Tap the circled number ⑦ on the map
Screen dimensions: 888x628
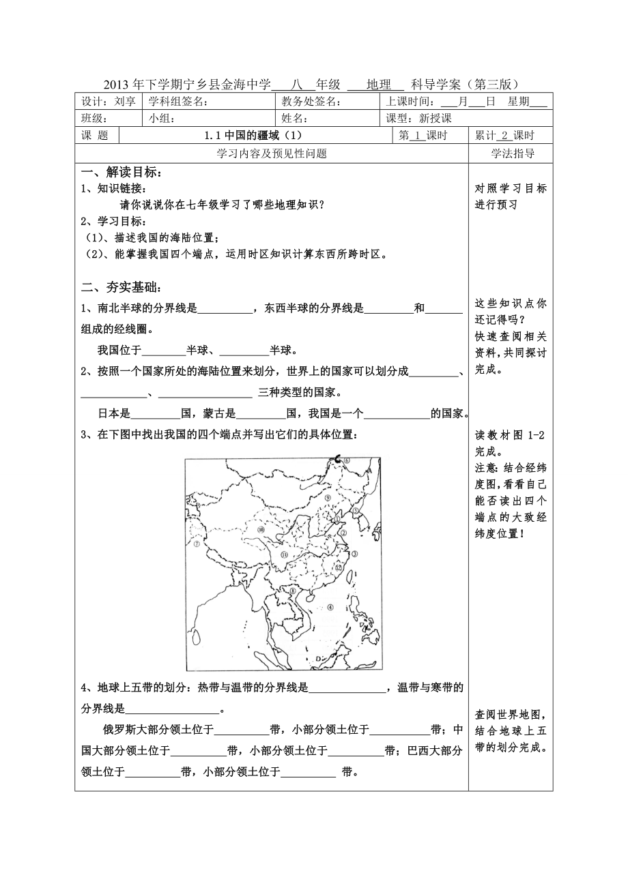(197, 545)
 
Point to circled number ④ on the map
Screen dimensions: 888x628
(330, 607)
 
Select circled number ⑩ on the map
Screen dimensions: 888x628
(260, 529)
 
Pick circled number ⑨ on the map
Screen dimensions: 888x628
(328, 498)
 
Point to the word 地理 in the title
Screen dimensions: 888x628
(378, 85)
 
